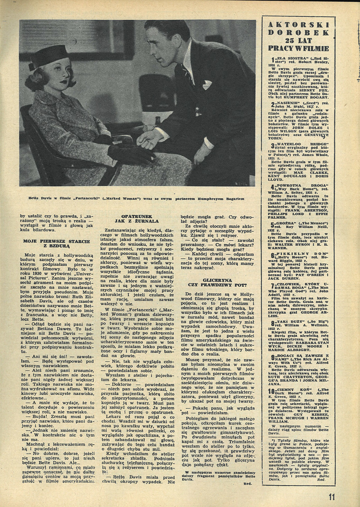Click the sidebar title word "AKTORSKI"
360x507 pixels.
click(298, 25)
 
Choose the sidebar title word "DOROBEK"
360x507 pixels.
click(298, 33)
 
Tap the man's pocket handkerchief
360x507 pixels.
click(207, 85)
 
